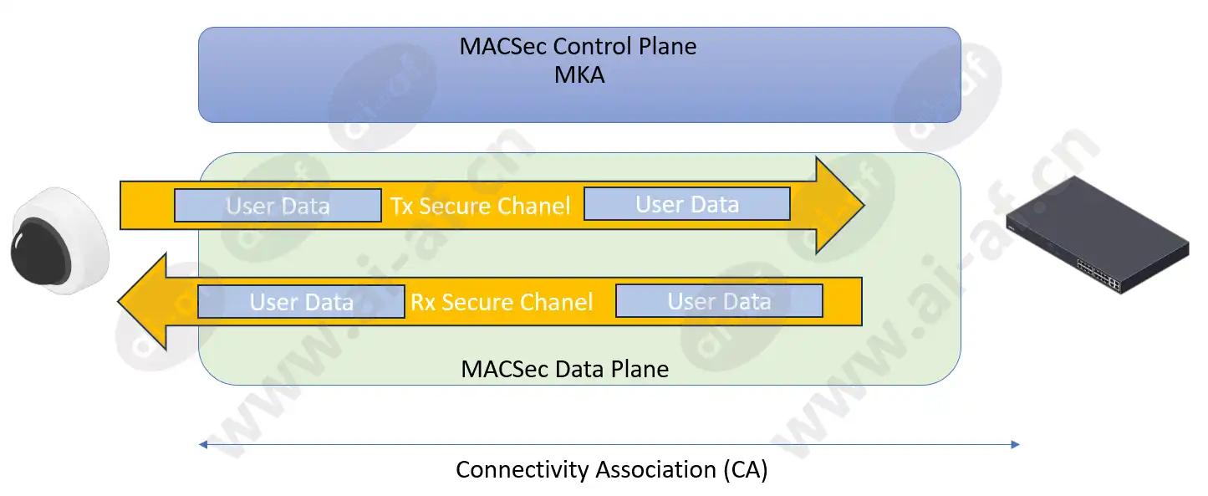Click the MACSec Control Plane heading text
coord(578,46)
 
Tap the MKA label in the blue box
coord(579,75)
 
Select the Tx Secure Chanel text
coord(480,206)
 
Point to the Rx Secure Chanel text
coord(502,302)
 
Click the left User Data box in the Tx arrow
coord(278,206)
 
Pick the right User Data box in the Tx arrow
coord(687,204)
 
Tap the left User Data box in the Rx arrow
coord(301,302)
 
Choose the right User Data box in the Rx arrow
coord(720,300)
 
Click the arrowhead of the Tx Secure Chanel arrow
coord(839,205)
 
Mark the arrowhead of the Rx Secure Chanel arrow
coord(142,302)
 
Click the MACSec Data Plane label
coord(564,370)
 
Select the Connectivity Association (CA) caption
coord(612,469)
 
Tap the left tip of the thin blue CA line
coord(200,445)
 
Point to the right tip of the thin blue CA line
coord(1019,445)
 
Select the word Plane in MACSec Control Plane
coord(668,46)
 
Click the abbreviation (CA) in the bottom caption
coord(746,469)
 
